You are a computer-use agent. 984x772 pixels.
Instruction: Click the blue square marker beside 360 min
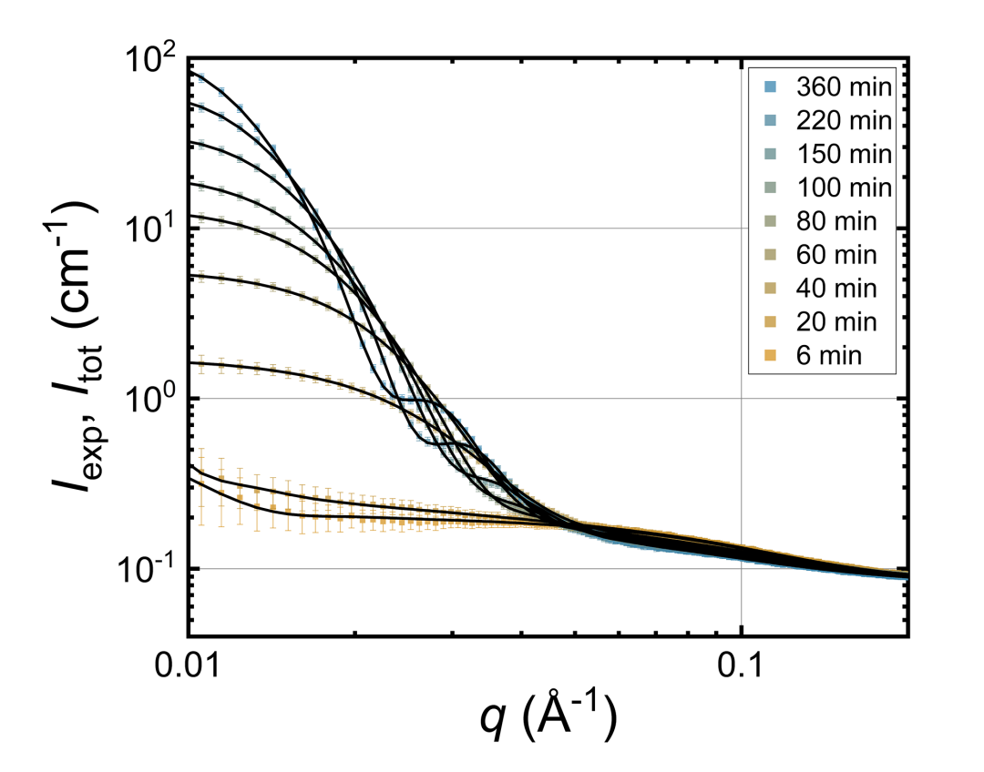pos(770,88)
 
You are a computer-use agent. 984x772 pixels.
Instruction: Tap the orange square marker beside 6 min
pos(770,357)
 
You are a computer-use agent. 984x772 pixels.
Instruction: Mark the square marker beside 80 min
pos(770,222)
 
